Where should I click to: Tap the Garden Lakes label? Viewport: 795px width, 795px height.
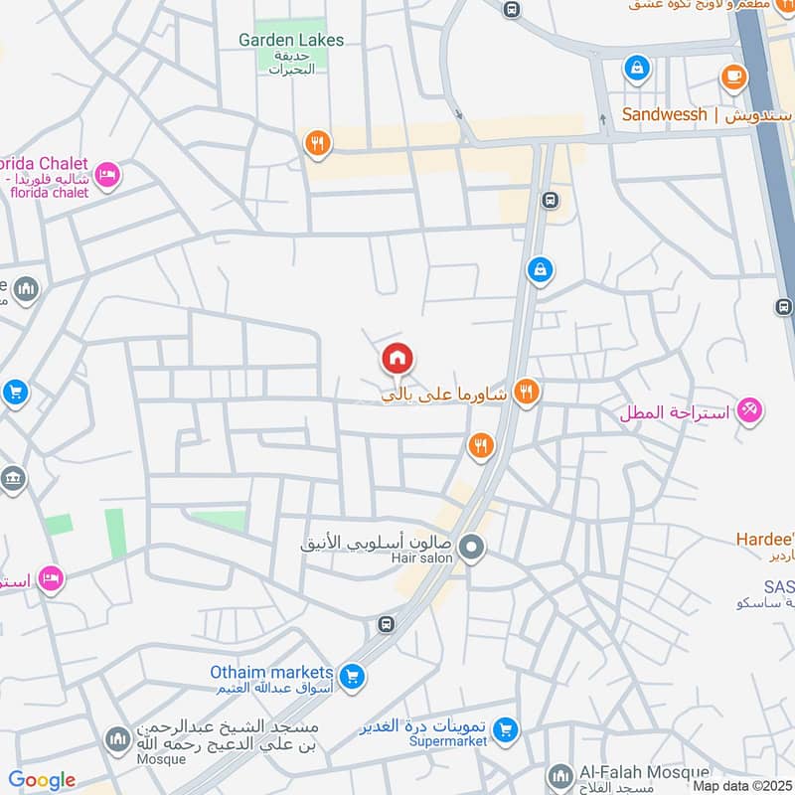click(x=291, y=40)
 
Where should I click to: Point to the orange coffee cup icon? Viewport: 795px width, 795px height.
click(x=733, y=76)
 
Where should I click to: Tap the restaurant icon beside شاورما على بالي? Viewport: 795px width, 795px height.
click(x=527, y=393)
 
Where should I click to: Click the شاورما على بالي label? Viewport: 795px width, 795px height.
click(x=445, y=395)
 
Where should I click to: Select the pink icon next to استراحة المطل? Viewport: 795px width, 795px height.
click(x=749, y=410)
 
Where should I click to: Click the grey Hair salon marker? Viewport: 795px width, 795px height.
click(x=473, y=548)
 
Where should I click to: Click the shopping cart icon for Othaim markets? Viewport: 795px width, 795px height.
click(x=351, y=678)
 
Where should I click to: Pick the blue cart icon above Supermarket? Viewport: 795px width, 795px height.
click(x=507, y=730)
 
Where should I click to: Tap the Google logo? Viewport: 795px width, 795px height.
click(x=43, y=780)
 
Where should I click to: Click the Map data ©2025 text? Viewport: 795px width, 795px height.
click(x=741, y=785)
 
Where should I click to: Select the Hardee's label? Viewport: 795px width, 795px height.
click(x=764, y=539)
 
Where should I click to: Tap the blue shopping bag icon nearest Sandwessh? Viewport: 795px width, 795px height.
click(x=635, y=69)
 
